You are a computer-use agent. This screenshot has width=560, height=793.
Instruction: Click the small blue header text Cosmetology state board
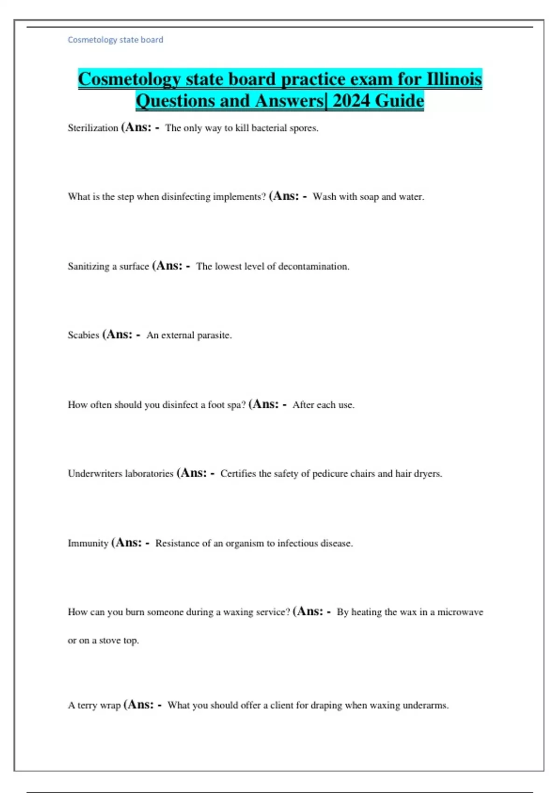[x=115, y=40]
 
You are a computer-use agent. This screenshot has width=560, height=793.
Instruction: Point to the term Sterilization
[x=93, y=128]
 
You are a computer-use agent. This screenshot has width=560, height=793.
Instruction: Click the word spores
[x=304, y=128]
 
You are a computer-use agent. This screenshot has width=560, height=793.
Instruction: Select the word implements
[x=239, y=196]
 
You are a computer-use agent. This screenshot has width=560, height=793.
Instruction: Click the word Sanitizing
[x=88, y=266]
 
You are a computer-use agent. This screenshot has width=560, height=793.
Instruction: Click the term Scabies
[x=84, y=335]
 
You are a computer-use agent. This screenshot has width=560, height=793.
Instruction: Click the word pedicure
[x=329, y=473]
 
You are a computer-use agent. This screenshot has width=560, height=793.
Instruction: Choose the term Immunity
[x=88, y=543]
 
